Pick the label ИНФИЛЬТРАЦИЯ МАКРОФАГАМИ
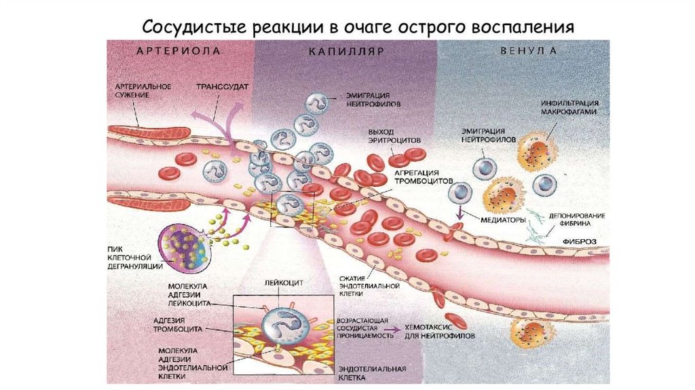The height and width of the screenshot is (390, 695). pyautogui.click(x=569, y=108)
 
